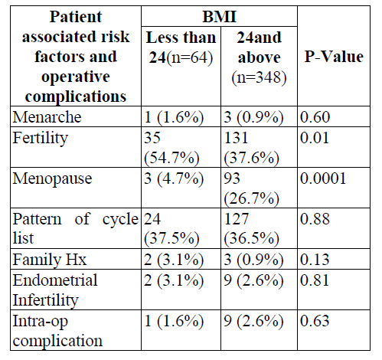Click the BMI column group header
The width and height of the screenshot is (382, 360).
(219, 17)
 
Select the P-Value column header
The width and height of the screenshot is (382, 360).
(334, 57)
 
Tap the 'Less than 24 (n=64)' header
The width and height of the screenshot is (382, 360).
(181, 47)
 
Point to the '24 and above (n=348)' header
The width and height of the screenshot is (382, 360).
(259, 57)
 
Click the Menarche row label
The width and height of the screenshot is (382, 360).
(47, 117)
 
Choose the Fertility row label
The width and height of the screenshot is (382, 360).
(41, 139)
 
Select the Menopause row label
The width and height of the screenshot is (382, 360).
(52, 178)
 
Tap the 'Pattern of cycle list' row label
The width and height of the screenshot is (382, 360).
(76, 228)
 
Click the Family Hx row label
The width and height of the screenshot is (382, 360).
(50, 260)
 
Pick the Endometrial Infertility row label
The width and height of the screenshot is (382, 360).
(55, 290)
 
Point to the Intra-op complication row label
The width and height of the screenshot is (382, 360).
(57, 331)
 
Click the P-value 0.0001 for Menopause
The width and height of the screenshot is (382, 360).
(323, 178)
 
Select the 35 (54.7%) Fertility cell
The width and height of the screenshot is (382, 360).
(171, 148)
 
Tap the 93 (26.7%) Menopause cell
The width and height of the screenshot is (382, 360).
(251, 188)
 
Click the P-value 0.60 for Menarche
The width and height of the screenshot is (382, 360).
(315, 117)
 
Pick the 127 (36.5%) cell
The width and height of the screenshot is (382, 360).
(251, 229)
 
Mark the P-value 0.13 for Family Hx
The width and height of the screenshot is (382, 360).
(315, 260)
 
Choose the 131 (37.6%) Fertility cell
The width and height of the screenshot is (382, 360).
(251, 148)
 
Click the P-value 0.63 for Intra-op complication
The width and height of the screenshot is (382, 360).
(315, 321)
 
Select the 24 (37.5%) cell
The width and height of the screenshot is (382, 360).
(171, 229)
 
